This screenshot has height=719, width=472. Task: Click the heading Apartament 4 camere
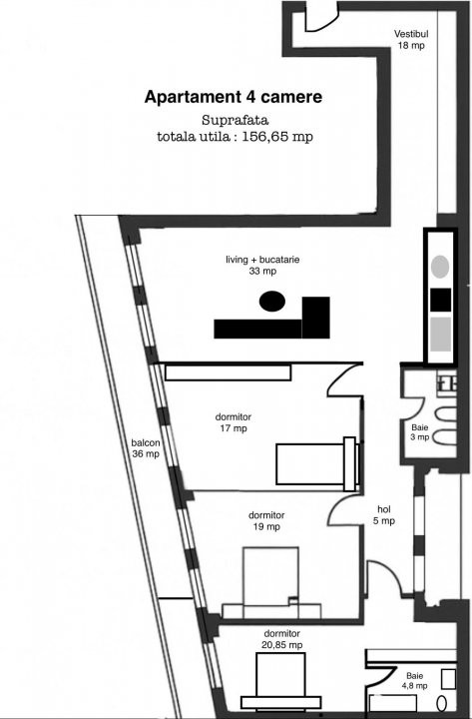(x=233, y=98)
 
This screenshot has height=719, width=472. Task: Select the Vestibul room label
(x=411, y=32)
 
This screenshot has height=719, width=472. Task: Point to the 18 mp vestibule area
(x=411, y=46)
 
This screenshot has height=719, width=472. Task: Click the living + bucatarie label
(x=262, y=260)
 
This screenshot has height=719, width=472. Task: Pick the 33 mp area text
(x=262, y=272)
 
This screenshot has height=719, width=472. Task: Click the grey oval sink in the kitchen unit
(x=440, y=267)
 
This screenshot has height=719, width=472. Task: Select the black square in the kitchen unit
(x=440, y=300)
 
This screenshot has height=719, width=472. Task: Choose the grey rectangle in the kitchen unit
(x=440, y=335)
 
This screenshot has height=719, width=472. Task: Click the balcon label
(x=145, y=442)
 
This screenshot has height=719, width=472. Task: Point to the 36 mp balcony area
(x=145, y=454)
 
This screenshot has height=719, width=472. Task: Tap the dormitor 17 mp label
(x=232, y=422)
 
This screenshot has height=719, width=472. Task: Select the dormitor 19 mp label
(x=264, y=520)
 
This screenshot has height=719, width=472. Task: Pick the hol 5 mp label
(x=384, y=513)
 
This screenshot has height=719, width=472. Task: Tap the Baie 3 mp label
(x=421, y=431)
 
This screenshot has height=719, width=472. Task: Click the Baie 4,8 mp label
(x=415, y=680)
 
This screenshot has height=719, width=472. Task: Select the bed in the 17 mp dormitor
(x=317, y=465)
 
